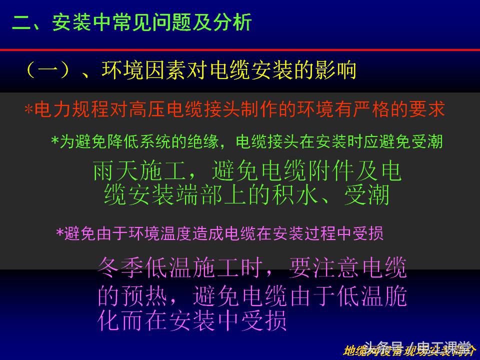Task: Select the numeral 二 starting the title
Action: (21, 23)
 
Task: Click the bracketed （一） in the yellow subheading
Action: (47, 70)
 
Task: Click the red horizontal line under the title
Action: (240, 50)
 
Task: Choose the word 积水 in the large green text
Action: (295, 195)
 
